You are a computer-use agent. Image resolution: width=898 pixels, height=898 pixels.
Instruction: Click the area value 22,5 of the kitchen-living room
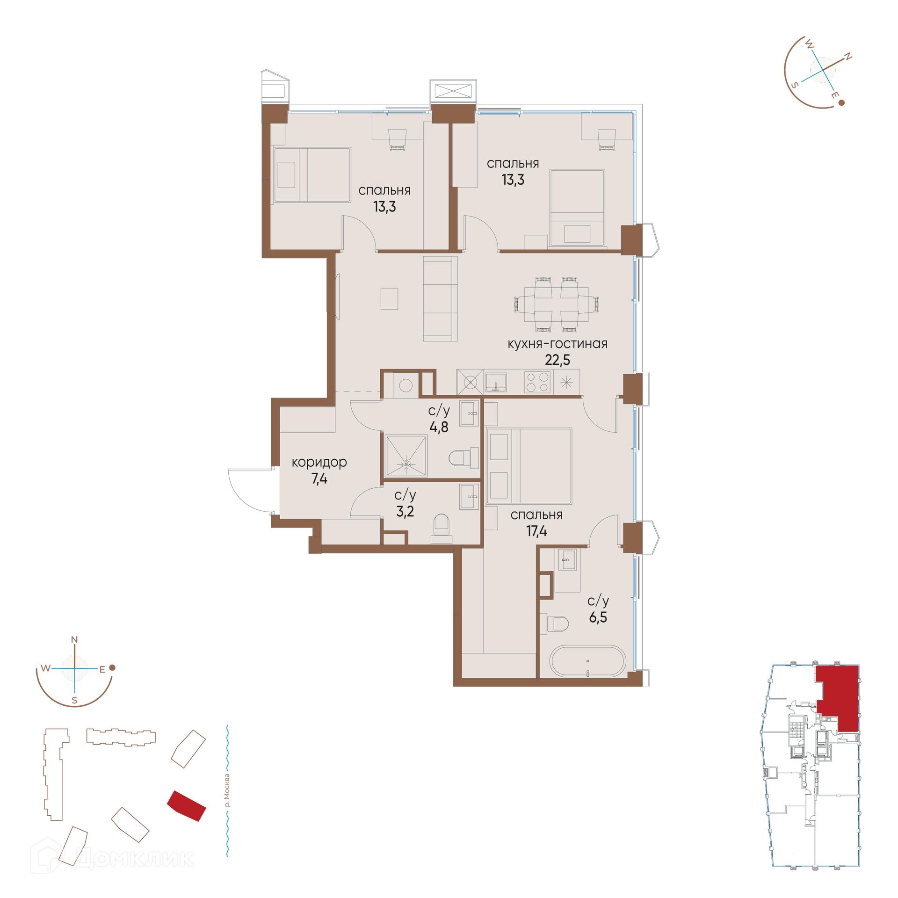point(557,360)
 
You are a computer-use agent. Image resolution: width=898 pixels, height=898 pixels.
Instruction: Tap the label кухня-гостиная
point(557,343)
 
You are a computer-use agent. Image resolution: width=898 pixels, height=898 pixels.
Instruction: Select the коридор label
point(319,462)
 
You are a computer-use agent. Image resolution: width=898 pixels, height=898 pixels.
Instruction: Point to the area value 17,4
point(536,531)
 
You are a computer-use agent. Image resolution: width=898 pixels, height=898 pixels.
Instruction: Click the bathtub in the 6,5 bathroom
point(587,661)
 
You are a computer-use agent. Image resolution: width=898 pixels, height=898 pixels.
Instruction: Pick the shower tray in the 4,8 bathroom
point(406,456)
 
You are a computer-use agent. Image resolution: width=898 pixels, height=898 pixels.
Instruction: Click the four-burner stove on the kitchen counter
point(537,382)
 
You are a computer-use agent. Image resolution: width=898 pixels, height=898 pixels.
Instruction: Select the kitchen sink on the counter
point(495,382)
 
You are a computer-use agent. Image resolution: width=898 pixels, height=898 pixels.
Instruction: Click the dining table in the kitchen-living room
point(556,304)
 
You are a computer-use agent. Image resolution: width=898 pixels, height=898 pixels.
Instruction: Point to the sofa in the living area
point(440,298)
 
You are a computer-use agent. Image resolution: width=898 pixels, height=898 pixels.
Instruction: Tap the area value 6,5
point(598,617)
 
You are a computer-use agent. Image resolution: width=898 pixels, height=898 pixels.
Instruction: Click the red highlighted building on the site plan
point(187,806)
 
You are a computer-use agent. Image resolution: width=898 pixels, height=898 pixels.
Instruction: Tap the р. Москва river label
point(227,790)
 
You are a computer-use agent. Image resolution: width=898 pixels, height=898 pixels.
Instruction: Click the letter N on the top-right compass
point(847,58)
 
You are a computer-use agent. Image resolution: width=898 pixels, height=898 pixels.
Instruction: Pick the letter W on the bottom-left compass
point(45,668)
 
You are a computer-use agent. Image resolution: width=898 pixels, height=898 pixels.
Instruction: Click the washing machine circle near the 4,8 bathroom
point(406,385)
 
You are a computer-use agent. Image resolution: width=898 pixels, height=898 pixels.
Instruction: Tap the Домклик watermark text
point(133,858)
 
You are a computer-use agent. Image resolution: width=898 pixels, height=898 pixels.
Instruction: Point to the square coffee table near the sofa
point(389,298)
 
